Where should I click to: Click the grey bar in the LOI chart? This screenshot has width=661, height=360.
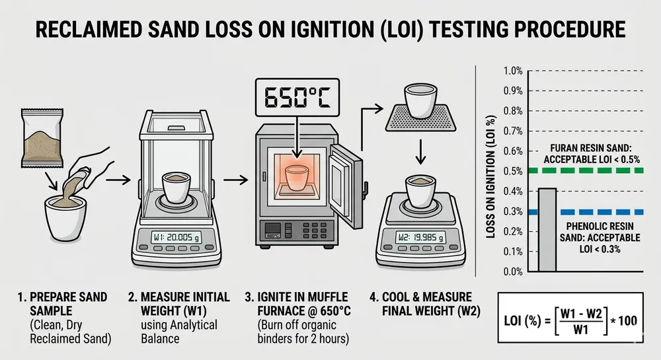click(x=547, y=230)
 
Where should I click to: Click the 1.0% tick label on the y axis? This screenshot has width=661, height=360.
click(x=513, y=71)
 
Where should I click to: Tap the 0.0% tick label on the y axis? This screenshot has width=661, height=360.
click(x=513, y=271)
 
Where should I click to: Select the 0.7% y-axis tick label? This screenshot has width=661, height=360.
click(x=513, y=131)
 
